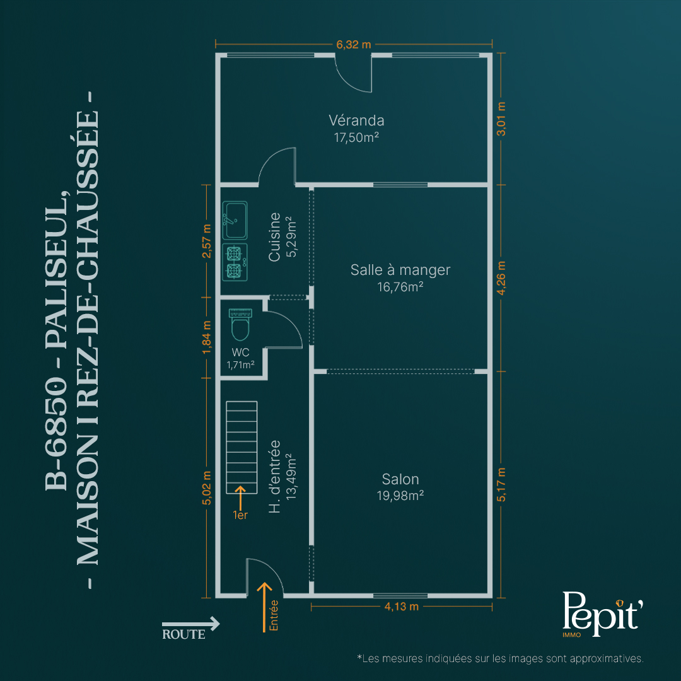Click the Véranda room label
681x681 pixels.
356,120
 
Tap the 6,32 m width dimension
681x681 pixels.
354,44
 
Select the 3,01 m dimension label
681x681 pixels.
501,119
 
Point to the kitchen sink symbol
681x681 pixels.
235,220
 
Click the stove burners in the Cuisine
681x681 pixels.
235,262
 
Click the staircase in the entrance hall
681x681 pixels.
242,447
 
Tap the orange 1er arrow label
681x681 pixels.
240,503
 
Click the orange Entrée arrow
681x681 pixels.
264,607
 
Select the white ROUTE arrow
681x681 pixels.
190,624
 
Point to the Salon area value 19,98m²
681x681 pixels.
400,496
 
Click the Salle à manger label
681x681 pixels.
400,270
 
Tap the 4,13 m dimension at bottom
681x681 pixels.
401,607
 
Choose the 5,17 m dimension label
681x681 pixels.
501,485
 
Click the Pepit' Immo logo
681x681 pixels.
602,614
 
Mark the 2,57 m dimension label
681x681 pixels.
207,241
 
